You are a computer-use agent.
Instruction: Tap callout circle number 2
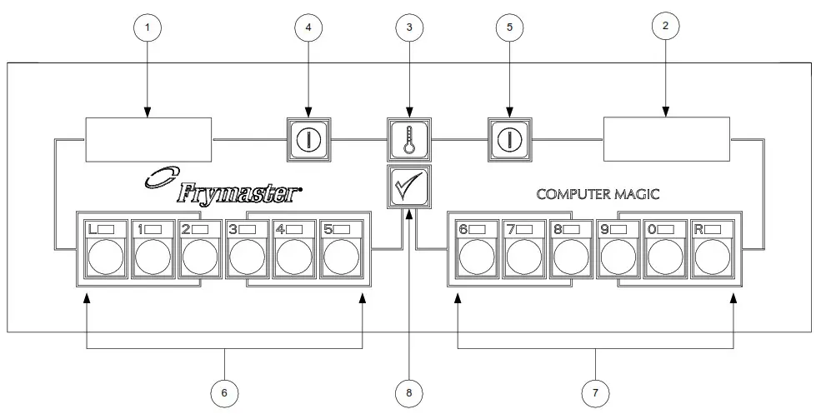[664, 26]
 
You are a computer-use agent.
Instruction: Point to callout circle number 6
[225, 390]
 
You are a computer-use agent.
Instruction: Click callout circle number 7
[596, 390]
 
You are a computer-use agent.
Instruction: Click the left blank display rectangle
[149, 138]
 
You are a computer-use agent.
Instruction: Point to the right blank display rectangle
[667, 138]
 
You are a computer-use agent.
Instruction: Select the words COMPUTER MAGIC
[598, 194]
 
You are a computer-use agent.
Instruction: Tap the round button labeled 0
[666, 259]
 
